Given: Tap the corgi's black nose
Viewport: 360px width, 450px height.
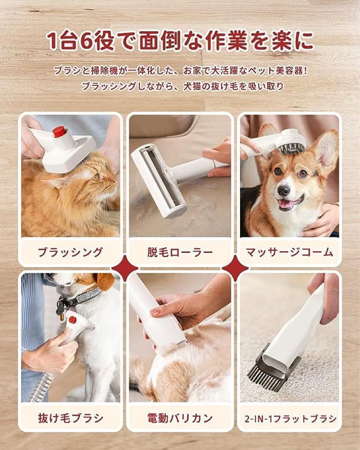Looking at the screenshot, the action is tap(284, 190).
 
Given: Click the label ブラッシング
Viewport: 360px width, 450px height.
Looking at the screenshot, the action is tap(70, 252).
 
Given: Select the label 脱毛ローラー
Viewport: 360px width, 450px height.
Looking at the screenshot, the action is tap(180, 252).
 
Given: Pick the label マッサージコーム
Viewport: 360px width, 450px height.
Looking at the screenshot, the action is tap(290, 252).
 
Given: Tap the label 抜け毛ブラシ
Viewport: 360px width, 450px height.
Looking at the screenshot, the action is tap(70, 418).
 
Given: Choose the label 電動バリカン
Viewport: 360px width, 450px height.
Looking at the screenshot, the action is tap(180, 418).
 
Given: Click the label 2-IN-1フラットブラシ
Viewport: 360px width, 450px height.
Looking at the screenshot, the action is tap(290, 419).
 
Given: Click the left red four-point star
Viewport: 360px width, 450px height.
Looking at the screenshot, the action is tap(125, 268).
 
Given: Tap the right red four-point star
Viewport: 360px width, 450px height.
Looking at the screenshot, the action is tap(235, 268).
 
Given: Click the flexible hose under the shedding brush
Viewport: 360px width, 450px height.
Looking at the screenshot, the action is tap(40, 386).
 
